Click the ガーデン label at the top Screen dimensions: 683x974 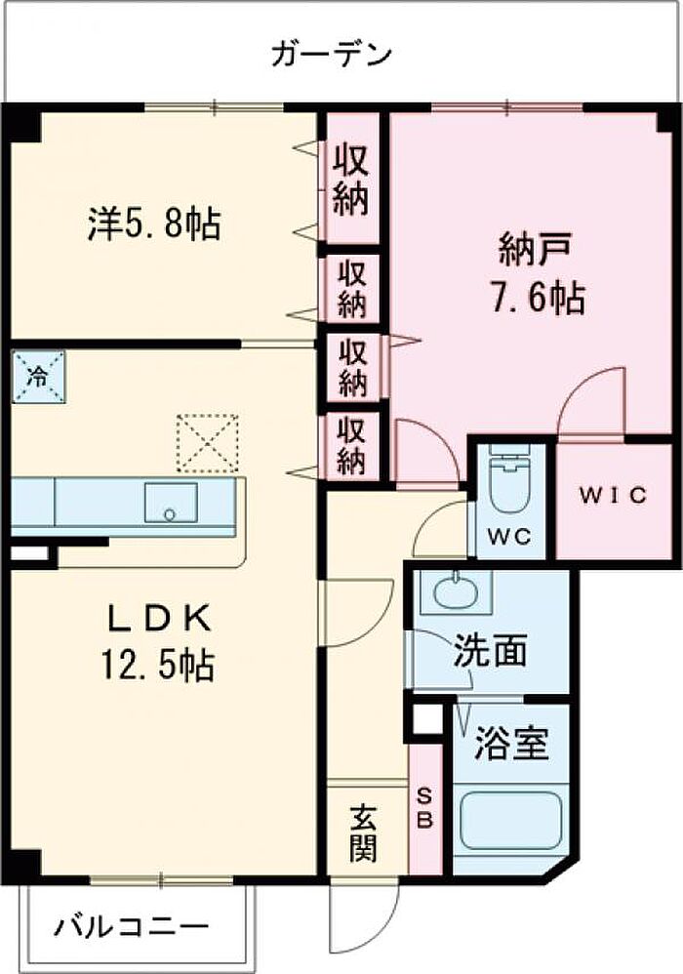point(332,55)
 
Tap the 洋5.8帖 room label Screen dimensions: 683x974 point(154,224)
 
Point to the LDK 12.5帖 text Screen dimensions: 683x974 point(159,642)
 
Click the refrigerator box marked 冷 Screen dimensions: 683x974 point(38,377)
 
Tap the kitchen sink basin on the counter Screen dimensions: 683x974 point(171,503)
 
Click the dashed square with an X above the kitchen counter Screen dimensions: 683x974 point(208,442)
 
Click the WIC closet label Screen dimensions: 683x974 point(613,495)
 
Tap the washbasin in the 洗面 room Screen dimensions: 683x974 point(456,592)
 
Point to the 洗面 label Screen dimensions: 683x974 point(490,650)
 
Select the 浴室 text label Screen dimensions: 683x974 point(511,744)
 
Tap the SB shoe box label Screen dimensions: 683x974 point(424,808)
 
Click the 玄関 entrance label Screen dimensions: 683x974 point(362,833)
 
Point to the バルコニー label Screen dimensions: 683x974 point(131,927)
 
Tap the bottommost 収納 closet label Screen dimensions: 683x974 point(351,445)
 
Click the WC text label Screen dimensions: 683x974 point(509,536)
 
